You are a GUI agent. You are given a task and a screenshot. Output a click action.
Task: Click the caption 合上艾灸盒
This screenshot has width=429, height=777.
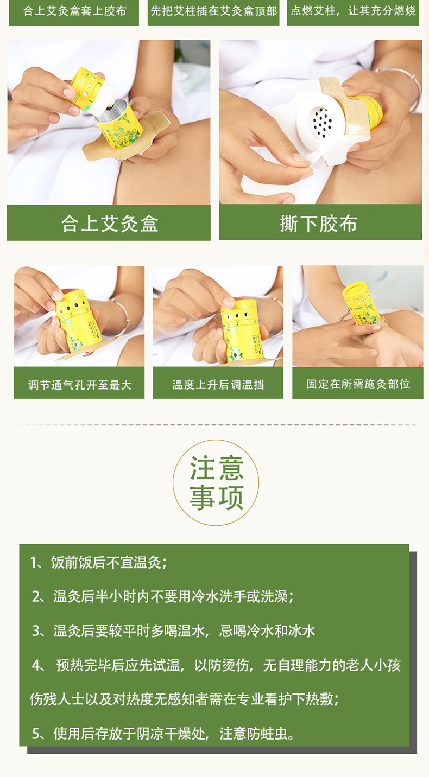pos(109,223)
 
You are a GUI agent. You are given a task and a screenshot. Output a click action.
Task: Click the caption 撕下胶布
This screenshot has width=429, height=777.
pos(319,223)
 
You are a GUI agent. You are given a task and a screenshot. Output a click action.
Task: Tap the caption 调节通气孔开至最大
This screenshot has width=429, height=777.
pos(79,385)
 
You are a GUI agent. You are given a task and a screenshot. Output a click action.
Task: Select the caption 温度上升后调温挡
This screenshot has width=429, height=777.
pos(218,385)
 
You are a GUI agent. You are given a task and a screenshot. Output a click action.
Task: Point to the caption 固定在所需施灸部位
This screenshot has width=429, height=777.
pos(358,384)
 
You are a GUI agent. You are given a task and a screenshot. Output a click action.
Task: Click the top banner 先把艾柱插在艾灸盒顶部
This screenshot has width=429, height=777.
pos(213,11)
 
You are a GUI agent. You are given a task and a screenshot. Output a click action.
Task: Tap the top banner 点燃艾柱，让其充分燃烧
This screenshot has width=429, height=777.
pos(352,11)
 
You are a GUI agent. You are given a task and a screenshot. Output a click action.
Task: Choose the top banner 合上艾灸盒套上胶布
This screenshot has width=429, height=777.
pos(74,11)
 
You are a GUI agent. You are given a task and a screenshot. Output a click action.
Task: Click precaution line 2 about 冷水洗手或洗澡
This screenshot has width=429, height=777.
pos(163,597)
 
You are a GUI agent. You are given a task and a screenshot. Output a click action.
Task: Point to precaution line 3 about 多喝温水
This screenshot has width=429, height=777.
pos(174,630)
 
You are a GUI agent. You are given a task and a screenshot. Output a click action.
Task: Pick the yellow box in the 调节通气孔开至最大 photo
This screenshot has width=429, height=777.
pos(78,320)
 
